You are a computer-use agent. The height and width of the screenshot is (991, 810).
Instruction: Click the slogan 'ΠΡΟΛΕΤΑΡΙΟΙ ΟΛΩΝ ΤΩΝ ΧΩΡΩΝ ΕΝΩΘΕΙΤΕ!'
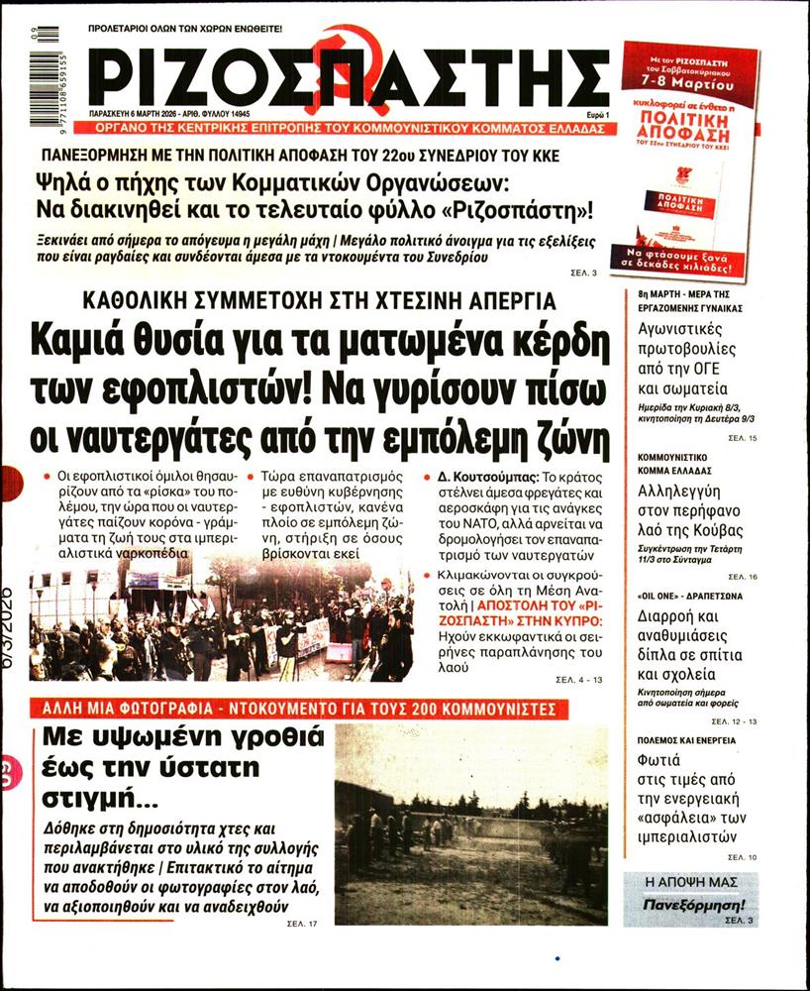(199, 31)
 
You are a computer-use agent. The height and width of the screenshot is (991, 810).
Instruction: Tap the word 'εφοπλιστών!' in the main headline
(212, 390)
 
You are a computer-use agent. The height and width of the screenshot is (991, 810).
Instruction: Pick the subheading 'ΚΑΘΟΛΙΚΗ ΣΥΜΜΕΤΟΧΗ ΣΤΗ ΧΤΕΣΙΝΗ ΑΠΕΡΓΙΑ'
(319, 301)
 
